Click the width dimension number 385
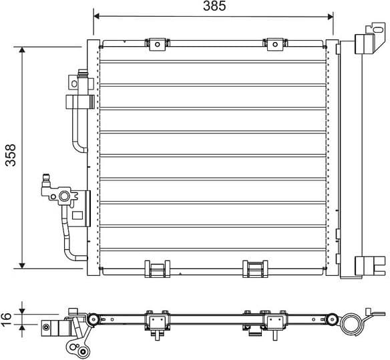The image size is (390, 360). click(214, 6)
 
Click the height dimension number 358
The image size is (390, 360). click(9, 157)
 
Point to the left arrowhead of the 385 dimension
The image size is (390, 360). click(96, 15)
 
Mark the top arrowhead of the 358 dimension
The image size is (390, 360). click(23, 50)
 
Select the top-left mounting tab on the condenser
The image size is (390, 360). click(158, 44)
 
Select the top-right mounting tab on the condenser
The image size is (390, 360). click(275, 44)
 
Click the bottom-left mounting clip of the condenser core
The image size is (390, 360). click(158, 268)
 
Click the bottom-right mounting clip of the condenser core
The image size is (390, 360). click(255, 268)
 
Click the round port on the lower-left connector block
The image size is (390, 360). click(64, 196)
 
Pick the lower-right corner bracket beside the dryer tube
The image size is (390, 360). click(367, 265)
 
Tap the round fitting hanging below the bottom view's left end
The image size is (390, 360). click(82, 351)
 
